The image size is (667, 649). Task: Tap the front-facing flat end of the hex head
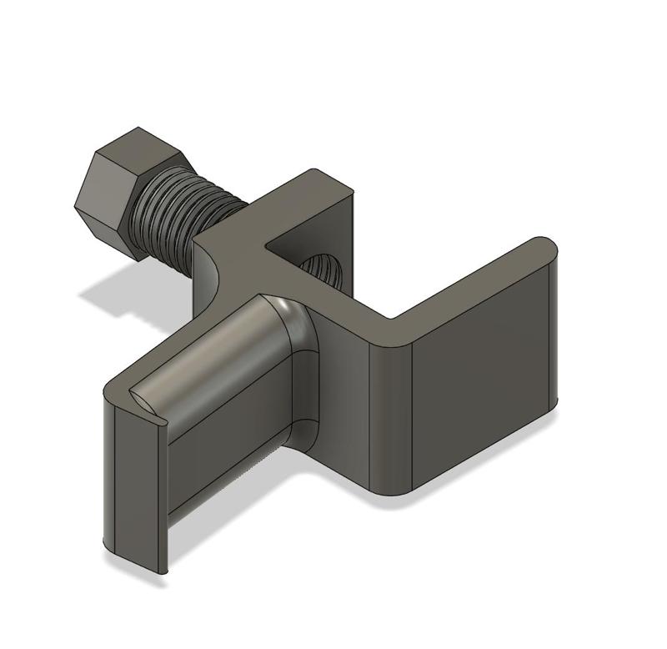tap(104, 200)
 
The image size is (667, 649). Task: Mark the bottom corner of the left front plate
tap(161, 570)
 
